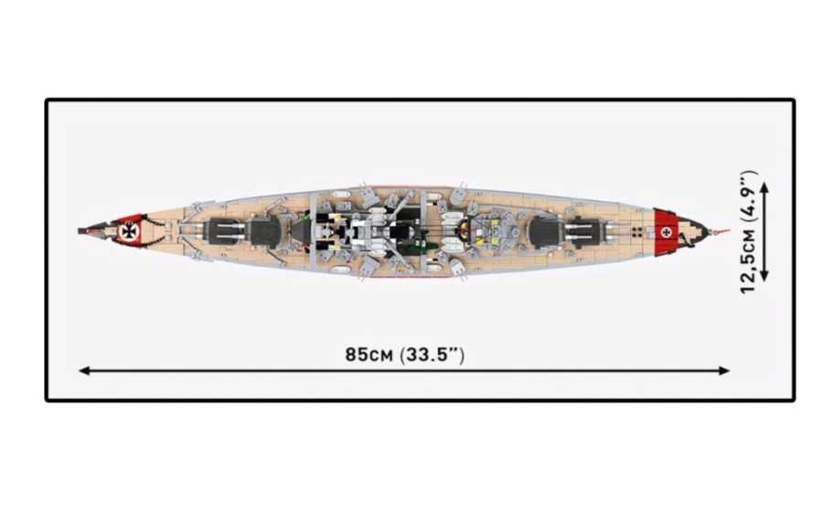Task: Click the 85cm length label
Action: point(369,355)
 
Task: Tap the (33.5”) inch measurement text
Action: point(432,355)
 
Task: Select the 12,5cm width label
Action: point(748,261)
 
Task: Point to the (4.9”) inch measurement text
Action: point(748,196)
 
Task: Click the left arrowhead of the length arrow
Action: point(84,371)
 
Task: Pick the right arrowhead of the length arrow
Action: point(724,371)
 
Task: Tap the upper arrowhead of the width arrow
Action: point(764,187)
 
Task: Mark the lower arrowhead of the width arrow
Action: point(764,276)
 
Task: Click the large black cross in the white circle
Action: point(127,231)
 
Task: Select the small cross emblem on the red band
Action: point(666,231)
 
